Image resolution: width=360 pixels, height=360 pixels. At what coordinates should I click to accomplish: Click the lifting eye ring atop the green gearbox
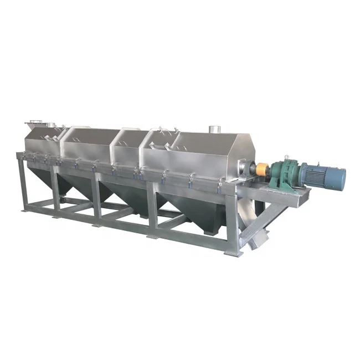pyautogui.click(x=287, y=157)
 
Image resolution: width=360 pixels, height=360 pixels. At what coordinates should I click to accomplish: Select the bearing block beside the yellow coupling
pyautogui.click(x=246, y=168)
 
